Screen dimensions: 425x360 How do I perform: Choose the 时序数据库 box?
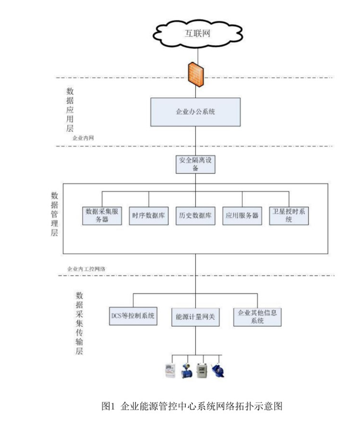coord(148,215)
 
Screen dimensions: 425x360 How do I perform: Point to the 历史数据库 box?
coord(195,215)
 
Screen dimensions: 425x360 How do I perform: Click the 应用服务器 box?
coord(242,215)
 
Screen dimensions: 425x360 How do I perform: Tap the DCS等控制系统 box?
coord(133,316)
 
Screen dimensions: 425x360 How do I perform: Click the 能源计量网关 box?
coord(195,318)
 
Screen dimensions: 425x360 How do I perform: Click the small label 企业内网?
coord(83,137)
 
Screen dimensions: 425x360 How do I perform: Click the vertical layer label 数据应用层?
coord(70,110)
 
